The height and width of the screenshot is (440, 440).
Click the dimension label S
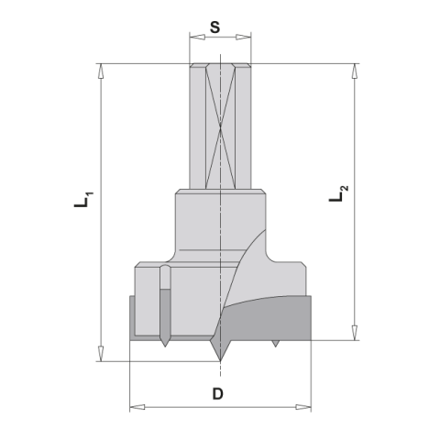[214, 27]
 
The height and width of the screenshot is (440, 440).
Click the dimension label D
[218, 394]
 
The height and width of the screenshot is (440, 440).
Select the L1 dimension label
[83, 200]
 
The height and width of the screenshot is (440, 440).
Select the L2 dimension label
[338, 193]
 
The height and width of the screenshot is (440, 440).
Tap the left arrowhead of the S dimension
[197, 38]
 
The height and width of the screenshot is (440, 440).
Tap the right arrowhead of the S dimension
[244, 38]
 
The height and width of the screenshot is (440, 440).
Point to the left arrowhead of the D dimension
[137, 407]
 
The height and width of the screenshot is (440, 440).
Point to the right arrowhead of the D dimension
[303, 407]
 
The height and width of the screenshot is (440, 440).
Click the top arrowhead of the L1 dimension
[101, 71]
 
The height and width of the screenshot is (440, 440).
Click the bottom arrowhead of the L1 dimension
[101, 354]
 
